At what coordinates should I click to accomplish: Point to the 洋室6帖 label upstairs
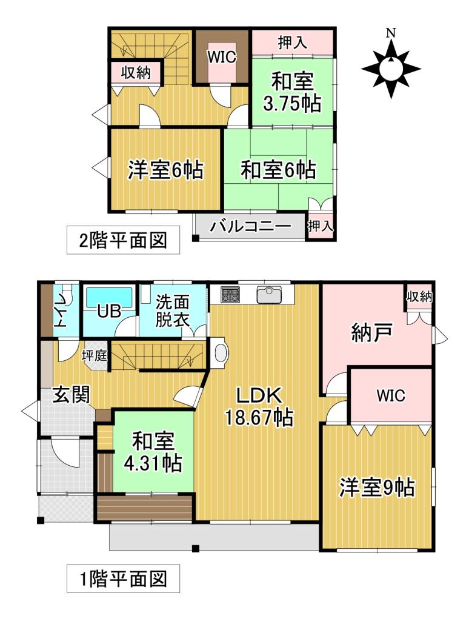coord(165,170)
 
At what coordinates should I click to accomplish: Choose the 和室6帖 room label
coord(278,170)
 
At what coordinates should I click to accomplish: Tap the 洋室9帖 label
coord(377,487)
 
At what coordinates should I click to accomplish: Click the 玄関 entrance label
coord(70,395)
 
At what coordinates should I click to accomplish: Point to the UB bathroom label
coord(109,310)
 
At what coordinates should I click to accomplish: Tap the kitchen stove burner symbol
coord(230,295)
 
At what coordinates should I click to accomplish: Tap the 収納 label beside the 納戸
coord(419,297)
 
